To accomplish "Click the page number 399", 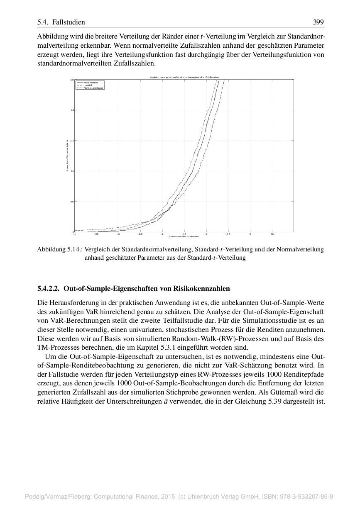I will [x=318, y=22].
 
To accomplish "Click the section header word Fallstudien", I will [x=69, y=22].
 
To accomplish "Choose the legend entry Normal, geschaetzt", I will [x=93, y=88].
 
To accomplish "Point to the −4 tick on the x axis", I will [x=74, y=234].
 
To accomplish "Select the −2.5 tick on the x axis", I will [x=140, y=234].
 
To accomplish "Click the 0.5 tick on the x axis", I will [x=272, y=234].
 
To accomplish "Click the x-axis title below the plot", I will [x=184, y=237].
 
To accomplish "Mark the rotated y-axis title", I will [x=67, y=156].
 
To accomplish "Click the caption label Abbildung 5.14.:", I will [x=60, y=250].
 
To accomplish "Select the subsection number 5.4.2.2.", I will [x=48, y=288].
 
